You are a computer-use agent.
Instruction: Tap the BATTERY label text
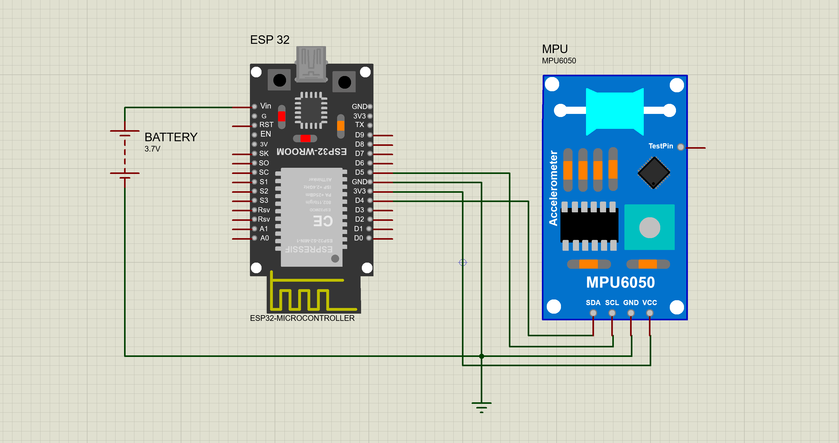coord(171,137)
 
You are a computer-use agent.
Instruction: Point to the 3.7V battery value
coord(152,149)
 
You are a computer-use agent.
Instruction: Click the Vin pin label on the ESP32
coord(265,106)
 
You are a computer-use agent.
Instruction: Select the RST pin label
coord(266,125)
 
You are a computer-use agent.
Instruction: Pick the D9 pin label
coord(359,135)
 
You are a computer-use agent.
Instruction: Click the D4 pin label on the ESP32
coord(359,200)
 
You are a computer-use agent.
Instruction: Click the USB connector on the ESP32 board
coord(311,63)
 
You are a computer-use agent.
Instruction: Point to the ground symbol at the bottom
coord(481,407)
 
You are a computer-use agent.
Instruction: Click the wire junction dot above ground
coord(481,356)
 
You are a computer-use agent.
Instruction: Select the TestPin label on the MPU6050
coord(661,146)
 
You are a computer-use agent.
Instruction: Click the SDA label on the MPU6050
coord(593,303)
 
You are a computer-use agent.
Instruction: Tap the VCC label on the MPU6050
coord(649,303)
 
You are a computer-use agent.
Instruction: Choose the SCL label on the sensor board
coord(612,303)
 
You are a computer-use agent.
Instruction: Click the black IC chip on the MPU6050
coord(589,225)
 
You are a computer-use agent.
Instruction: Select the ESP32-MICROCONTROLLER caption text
coord(302,318)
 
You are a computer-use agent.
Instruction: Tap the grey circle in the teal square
coord(649,228)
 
